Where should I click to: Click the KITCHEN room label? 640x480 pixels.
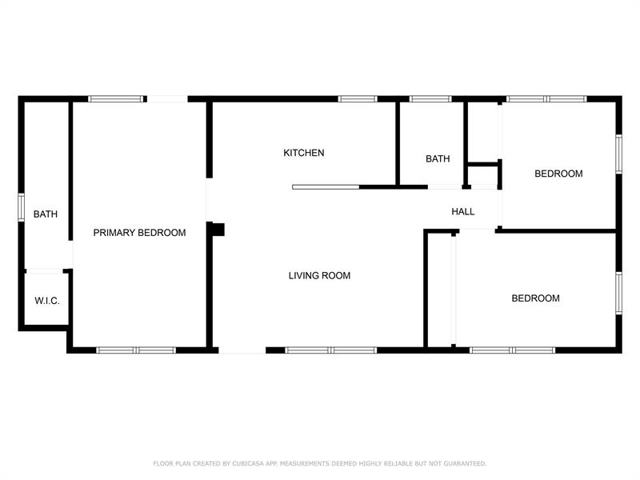click(304, 153)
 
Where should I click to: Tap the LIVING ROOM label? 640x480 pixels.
click(319, 276)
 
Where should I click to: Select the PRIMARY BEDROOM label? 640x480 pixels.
click(139, 233)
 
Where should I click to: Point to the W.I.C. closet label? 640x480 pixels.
click(47, 301)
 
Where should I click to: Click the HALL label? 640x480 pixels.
click(463, 211)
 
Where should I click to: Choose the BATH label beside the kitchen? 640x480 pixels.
click(438, 158)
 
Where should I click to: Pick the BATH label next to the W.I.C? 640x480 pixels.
click(46, 214)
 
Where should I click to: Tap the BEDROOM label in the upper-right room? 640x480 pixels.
click(558, 174)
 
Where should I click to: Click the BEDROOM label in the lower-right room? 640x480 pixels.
click(535, 298)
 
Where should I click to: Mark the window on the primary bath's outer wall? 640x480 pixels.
click(22, 207)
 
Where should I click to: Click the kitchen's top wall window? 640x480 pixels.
click(358, 98)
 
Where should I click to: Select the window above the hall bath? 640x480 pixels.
click(430, 98)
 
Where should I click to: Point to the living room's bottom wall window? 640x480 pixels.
click(330, 350)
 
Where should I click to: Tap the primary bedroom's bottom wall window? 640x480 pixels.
click(136, 350)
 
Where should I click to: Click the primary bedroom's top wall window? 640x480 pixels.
click(116, 98)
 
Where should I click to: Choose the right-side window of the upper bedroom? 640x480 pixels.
click(618, 154)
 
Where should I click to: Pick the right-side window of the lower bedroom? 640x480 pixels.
click(618, 293)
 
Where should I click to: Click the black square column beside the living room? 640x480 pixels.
click(218, 230)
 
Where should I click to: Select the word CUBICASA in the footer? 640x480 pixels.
click(248, 464)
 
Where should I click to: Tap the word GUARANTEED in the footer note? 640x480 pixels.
click(465, 464)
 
